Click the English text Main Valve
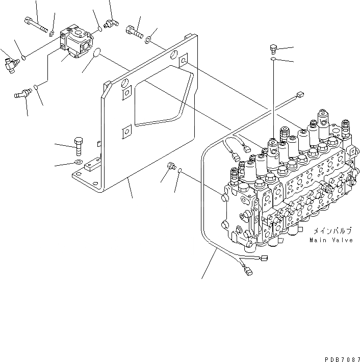(x=331, y=240)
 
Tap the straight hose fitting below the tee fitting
(x=22, y=94)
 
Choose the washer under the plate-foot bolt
(x=78, y=163)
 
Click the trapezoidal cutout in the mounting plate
(x=158, y=97)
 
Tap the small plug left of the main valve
(x=171, y=166)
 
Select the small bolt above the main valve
(x=273, y=49)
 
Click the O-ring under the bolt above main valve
(x=274, y=60)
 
